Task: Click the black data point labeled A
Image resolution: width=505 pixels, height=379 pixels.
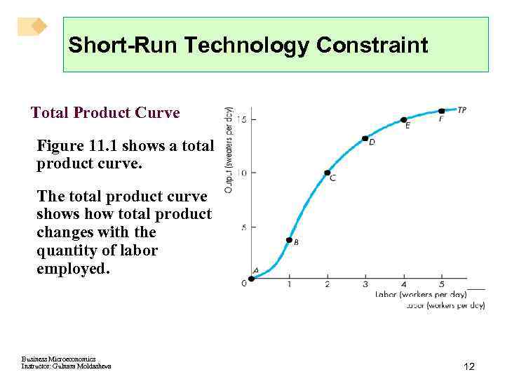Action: [x=252, y=278]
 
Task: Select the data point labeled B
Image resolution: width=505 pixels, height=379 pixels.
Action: [x=289, y=240]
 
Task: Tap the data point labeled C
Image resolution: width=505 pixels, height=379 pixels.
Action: [x=327, y=173]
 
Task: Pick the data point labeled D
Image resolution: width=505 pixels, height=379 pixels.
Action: [x=365, y=138]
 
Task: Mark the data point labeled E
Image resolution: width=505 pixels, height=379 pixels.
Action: [x=403, y=120]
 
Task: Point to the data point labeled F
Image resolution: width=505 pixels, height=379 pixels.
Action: [x=441, y=111]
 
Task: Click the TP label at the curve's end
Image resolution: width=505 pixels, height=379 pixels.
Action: [x=462, y=110]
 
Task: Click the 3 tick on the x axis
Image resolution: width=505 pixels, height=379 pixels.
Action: [x=365, y=284]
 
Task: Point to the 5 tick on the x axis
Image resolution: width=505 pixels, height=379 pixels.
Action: [x=441, y=284]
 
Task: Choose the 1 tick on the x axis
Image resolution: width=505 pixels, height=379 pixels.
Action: [x=289, y=284]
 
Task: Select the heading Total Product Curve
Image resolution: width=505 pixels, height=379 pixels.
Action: [x=105, y=112]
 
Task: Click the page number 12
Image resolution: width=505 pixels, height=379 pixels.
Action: [x=469, y=366]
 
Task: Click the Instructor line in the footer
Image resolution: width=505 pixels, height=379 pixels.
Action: [x=66, y=366]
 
